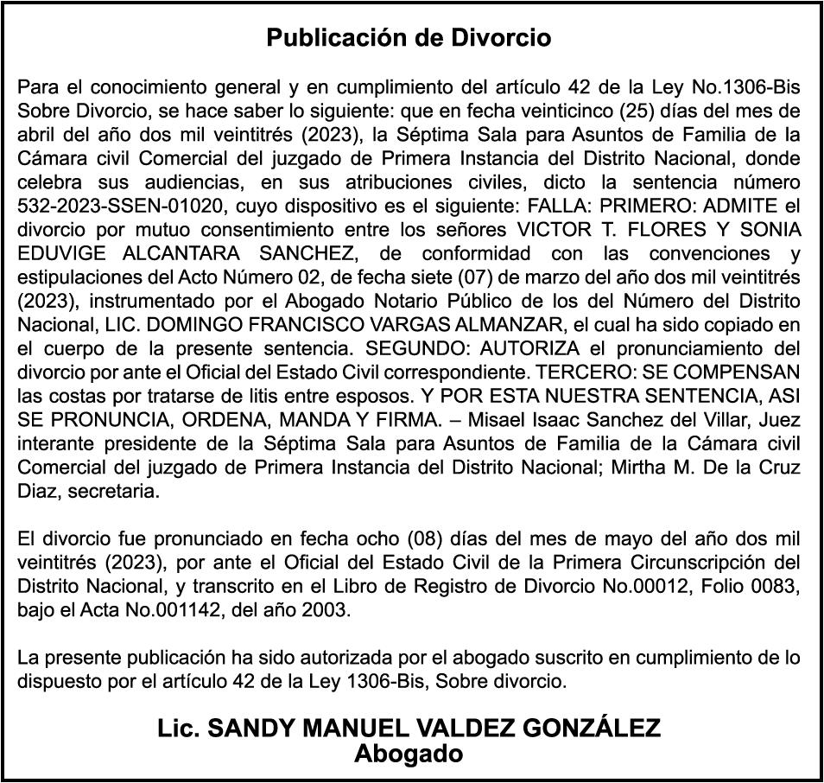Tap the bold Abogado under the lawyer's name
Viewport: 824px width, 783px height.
[x=409, y=754]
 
